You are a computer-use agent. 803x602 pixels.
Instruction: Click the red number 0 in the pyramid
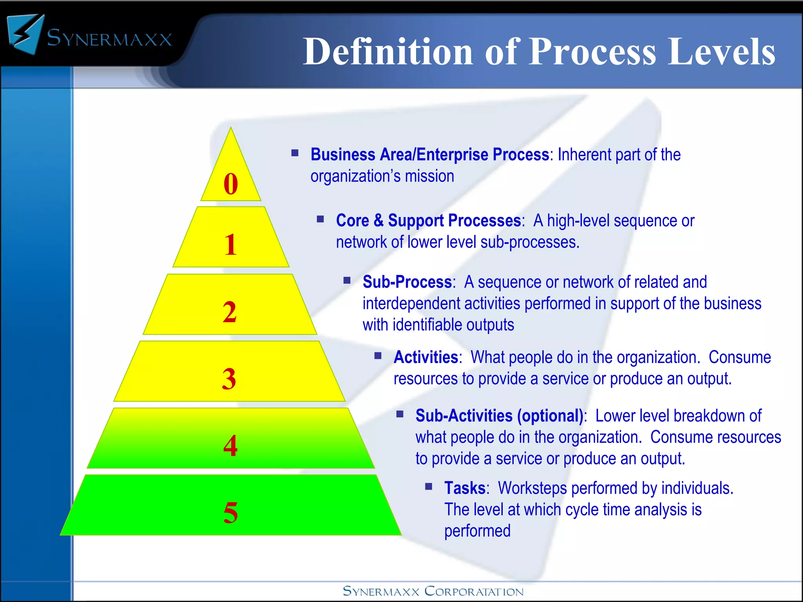point(231,184)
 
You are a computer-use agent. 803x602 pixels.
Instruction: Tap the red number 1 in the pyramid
point(231,245)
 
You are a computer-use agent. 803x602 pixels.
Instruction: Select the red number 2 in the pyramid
point(230,312)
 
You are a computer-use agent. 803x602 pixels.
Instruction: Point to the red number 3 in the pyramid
point(229,379)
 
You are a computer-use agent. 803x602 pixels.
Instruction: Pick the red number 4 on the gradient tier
point(231,446)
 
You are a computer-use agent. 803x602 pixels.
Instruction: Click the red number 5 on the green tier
point(231,513)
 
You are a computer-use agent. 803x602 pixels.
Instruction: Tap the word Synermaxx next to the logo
point(109,38)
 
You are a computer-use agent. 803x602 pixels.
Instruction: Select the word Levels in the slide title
point(721,52)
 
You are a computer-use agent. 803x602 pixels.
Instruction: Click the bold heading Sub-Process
point(407,282)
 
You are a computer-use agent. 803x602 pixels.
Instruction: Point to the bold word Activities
point(426,357)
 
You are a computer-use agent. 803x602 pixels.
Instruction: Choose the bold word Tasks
point(465,488)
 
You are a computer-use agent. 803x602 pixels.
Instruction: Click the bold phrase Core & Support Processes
point(428,221)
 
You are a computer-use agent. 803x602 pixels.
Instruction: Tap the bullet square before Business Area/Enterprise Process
point(295,153)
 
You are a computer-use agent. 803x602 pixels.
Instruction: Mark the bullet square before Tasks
point(429,487)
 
